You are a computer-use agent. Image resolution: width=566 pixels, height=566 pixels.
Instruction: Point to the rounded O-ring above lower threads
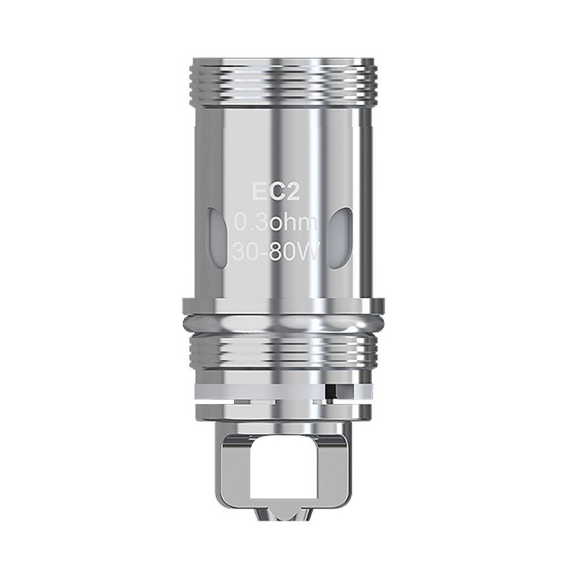coord(283,326)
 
